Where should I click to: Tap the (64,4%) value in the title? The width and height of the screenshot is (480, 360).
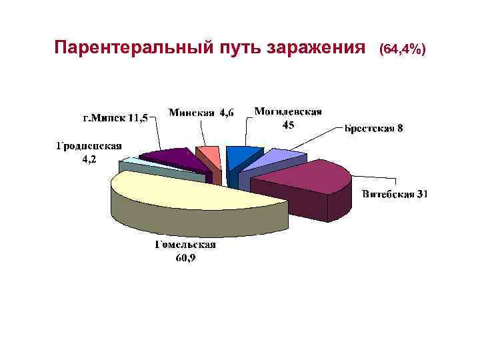point(401,49)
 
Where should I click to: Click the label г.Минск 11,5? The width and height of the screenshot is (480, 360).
point(115,118)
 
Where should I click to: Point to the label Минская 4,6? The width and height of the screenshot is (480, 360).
point(201,113)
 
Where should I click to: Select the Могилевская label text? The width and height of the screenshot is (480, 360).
point(288,111)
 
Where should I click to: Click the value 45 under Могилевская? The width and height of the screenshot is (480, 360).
point(288,125)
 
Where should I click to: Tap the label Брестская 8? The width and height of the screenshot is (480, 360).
point(373,128)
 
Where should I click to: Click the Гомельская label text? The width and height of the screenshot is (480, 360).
point(185,245)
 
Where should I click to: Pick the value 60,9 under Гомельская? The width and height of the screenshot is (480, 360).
point(185,259)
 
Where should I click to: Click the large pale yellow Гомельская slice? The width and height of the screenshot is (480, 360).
point(193,193)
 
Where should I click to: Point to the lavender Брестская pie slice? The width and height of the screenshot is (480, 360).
point(273,160)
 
